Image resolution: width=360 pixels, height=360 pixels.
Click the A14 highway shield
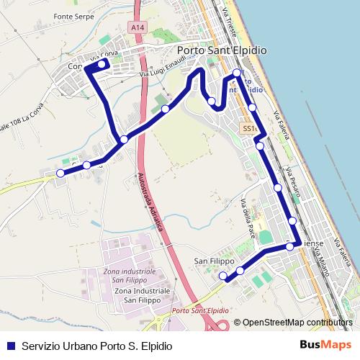pyautogui.click(x=138, y=27)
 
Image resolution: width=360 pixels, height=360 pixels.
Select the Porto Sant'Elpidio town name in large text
pyautogui.click(x=221, y=50)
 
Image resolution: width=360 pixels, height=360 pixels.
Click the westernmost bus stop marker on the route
pyautogui.click(x=60, y=173)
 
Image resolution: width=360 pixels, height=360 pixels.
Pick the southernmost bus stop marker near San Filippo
pyautogui.click(x=223, y=276)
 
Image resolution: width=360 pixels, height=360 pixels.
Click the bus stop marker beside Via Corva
pyautogui.click(x=101, y=63)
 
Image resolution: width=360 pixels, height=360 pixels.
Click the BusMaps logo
pyautogui.click(x=321, y=345)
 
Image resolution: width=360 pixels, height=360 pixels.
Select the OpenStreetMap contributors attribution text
pyautogui.click(x=297, y=323)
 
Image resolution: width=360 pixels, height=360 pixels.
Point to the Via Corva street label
pyautogui.click(x=104, y=55)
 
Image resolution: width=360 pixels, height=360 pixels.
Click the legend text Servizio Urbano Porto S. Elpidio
pyautogui.click(x=97, y=346)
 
